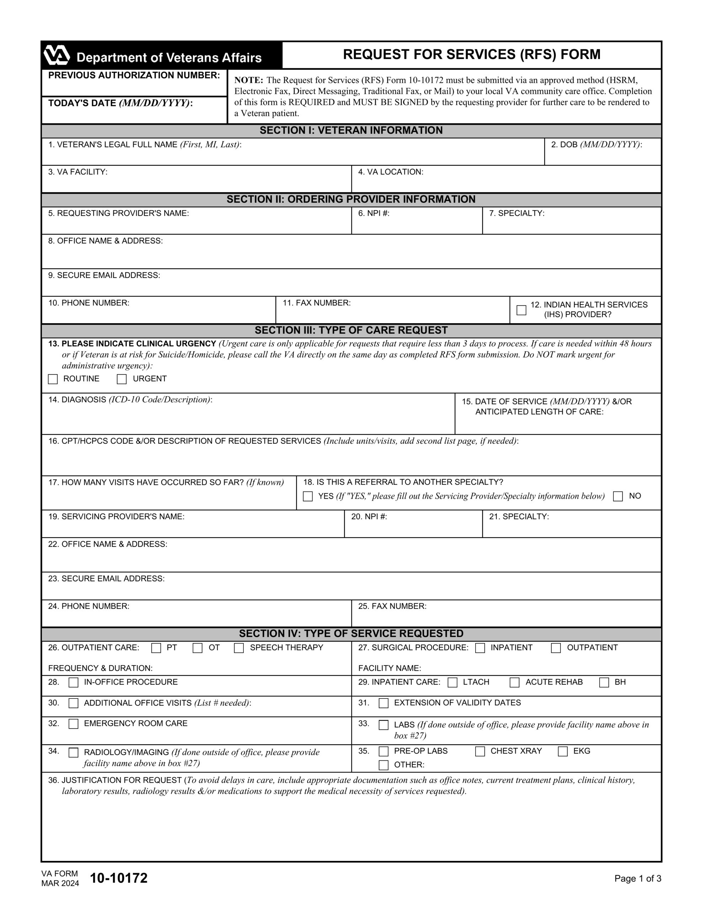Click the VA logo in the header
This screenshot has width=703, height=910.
coord(57,55)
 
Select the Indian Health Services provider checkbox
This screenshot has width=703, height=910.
coord(521,310)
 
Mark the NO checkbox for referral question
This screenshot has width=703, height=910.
coord(618,496)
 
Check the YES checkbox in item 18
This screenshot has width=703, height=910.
coord(308,496)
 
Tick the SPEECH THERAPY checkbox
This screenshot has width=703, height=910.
coord(239,648)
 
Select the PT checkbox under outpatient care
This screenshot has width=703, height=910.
coord(156,648)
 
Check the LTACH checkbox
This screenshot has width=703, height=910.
coord(452,682)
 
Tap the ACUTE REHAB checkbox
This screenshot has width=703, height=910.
coord(515,682)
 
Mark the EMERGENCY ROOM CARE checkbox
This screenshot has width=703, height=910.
coord(73,724)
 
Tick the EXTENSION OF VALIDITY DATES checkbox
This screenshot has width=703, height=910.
coord(383,703)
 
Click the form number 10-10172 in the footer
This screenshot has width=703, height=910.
coord(119,878)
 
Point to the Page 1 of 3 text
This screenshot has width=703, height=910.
coord(638,879)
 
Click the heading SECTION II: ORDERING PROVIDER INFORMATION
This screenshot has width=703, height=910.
coord(351,199)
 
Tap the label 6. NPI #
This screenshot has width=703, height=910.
coord(374,213)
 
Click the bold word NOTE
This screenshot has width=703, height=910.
coord(248,80)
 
